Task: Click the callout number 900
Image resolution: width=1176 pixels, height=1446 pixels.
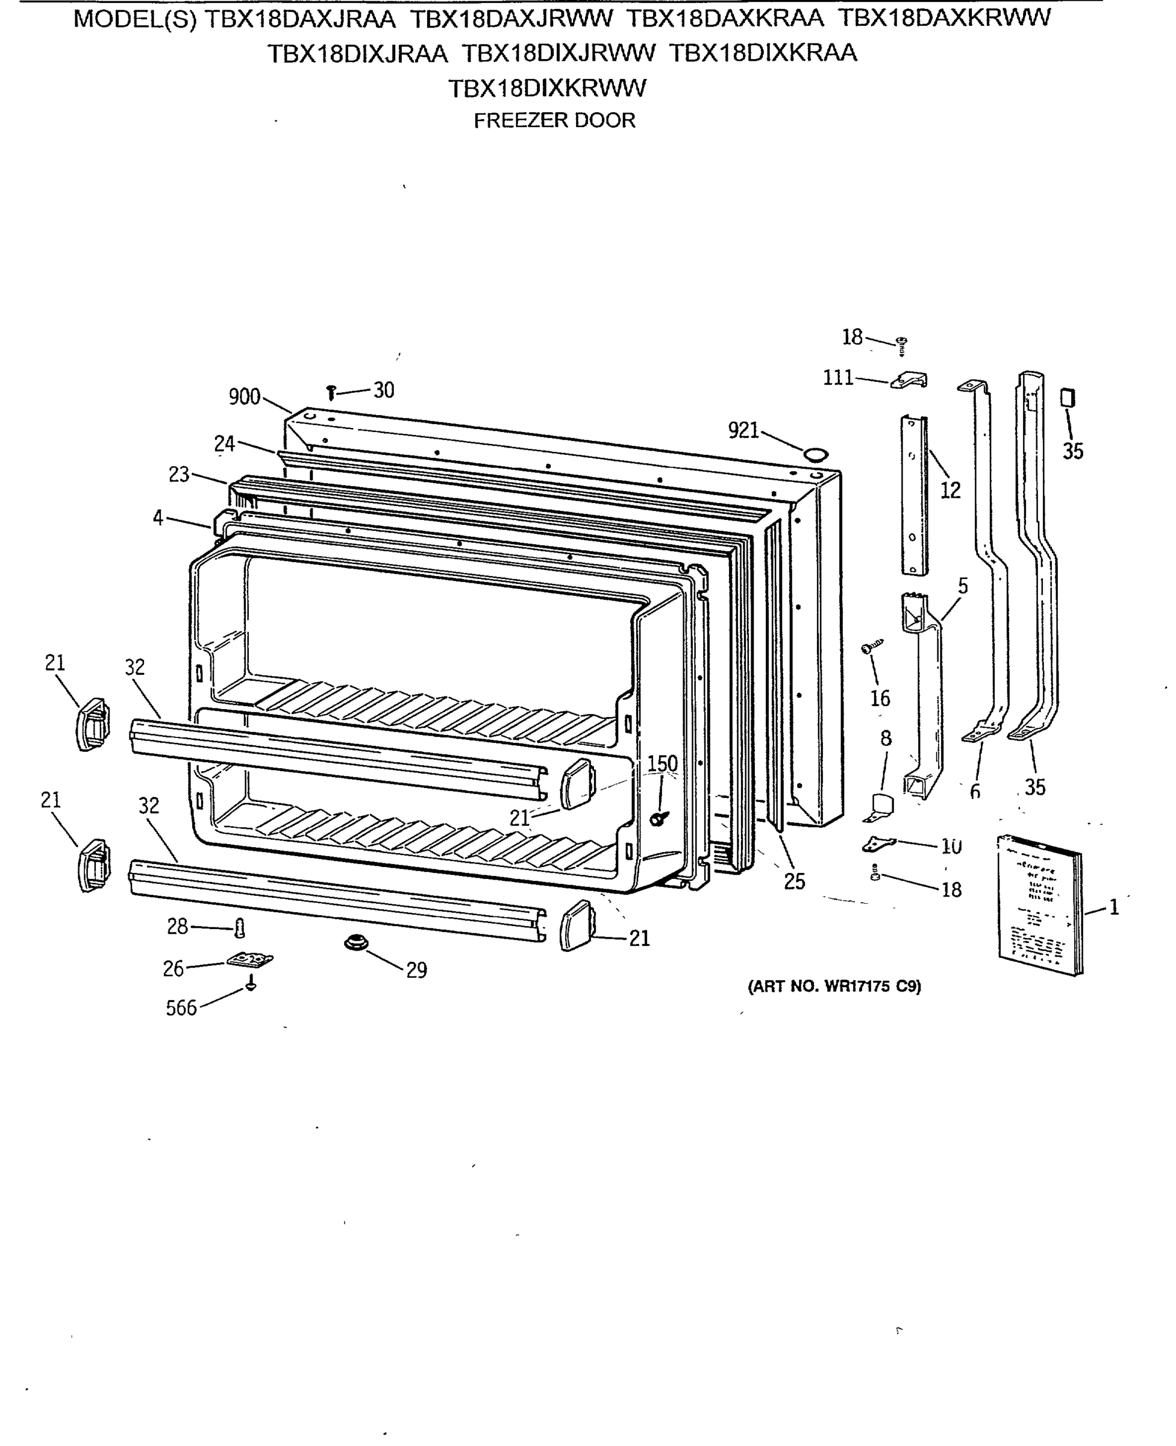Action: [x=244, y=397]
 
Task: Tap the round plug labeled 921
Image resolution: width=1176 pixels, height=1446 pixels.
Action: [x=816, y=454]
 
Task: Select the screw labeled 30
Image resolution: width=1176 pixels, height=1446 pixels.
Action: [x=331, y=392]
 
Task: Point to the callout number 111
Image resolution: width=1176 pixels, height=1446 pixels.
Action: [x=838, y=378]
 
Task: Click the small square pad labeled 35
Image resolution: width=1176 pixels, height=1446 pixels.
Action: [x=1068, y=398]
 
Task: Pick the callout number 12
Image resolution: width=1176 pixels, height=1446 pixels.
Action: [x=951, y=490]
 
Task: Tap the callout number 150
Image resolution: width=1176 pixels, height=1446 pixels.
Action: [x=662, y=763]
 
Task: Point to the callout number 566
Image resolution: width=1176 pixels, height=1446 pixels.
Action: [x=181, y=1008]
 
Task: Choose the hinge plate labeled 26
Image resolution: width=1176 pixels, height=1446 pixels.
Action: [x=250, y=960]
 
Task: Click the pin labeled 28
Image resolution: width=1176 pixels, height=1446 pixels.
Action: [x=239, y=928]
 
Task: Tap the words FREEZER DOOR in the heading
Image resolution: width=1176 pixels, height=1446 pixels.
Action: [x=554, y=120]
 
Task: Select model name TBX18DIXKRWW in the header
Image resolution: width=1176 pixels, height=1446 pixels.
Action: [x=548, y=88]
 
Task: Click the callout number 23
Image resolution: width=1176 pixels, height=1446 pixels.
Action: [x=179, y=475]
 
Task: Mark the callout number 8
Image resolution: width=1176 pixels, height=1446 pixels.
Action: [x=886, y=738]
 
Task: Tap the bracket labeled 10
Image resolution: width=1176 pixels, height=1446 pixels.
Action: [x=878, y=844]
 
